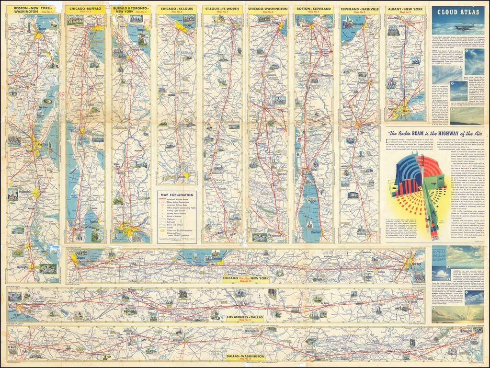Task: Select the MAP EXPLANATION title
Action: [177, 195]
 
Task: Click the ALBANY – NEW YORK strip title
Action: [405, 9]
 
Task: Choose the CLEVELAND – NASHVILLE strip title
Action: [359, 9]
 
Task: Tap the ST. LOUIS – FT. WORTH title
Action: [222, 9]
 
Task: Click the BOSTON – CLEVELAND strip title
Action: [314, 9]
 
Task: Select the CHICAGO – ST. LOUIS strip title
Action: [176, 9]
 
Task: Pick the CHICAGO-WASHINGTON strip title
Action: [268, 9]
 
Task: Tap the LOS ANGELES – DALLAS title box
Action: [245, 318]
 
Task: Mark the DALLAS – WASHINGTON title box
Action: [245, 357]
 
